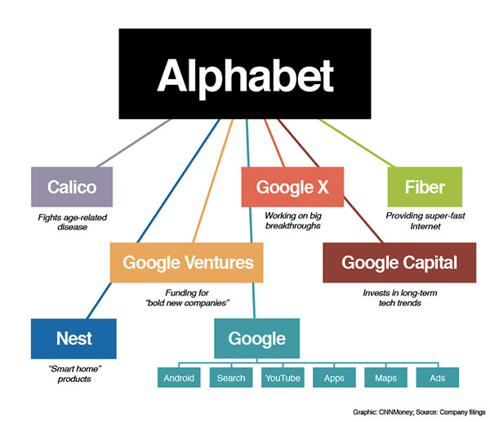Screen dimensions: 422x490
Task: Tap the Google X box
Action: [x=292, y=187]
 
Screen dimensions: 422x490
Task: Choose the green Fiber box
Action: [x=425, y=187]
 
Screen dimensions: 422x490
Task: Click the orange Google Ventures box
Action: [x=188, y=263]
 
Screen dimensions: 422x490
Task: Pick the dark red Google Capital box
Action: [x=399, y=263]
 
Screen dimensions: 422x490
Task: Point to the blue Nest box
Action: [x=73, y=338]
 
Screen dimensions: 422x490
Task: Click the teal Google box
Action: [x=256, y=338]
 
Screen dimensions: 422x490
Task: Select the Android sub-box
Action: [x=179, y=378]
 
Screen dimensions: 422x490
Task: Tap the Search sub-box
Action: [x=231, y=378]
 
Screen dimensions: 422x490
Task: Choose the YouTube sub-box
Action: [x=282, y=378]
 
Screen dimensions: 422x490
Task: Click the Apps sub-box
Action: [x=334, y=378]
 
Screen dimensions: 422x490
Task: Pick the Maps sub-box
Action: [x=385, y=378]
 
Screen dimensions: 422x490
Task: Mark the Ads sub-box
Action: [x=438, y=378]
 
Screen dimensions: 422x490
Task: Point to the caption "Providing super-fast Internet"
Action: [x=424, y=221]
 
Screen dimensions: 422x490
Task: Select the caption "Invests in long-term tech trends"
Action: [x=399, y=297]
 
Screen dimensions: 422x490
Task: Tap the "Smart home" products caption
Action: [x=73, y=372]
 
